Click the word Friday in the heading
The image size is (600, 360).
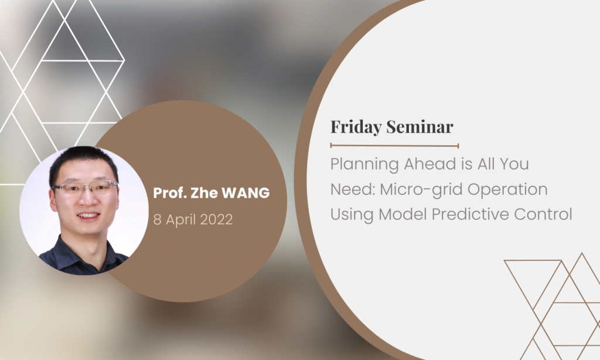[x=356, y=127]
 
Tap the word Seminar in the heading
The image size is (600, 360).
[x=420, y=127]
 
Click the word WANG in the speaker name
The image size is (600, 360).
[x=246, y=193]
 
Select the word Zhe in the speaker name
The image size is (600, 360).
[x=204, y=193]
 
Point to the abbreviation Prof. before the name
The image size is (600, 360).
[x=170, y=193]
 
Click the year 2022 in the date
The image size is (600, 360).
[x=216, y=219]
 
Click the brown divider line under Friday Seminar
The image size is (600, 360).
[x=394, y=145]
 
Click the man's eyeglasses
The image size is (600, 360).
[x=85, y=187]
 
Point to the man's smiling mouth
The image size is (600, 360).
[x=88, y=216]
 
